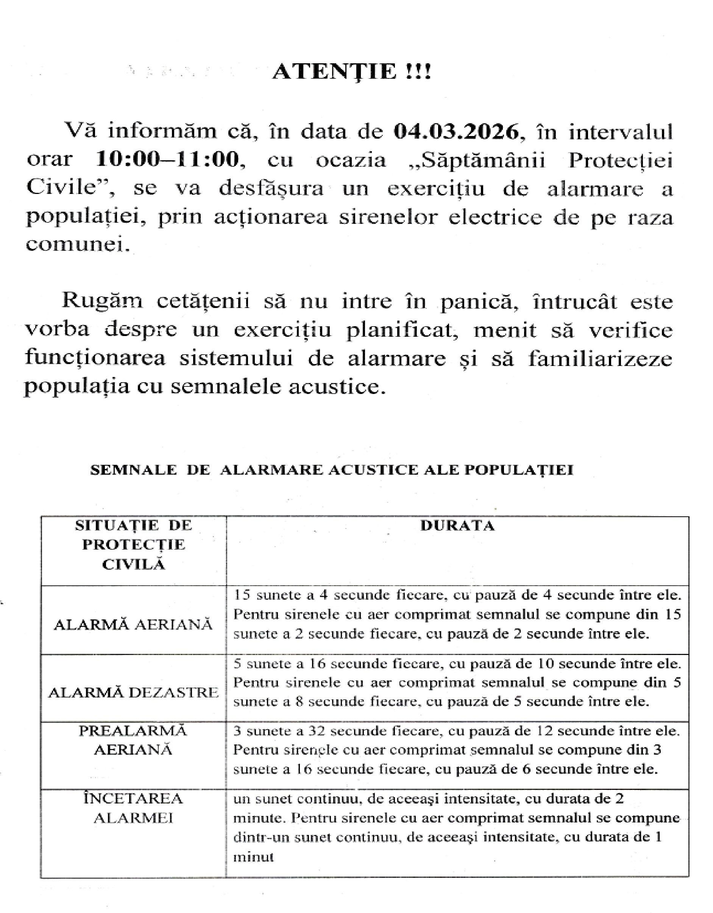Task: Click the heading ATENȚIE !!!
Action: [x=351, y=72]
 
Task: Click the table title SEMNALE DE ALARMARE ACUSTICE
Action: [x=332, y=470]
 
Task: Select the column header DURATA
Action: [x=457, y=526]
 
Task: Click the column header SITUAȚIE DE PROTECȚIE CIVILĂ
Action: [x=133, y=545]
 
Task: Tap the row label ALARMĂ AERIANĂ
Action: [x=133, y=625]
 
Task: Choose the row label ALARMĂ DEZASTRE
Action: [x=133, y=693]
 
